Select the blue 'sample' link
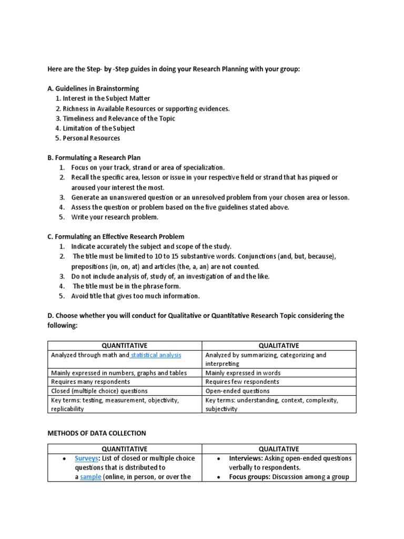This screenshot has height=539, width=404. [90, 477]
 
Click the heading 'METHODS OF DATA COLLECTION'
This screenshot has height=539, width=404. [97, 433]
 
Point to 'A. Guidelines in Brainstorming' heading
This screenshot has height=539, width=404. [93, 88]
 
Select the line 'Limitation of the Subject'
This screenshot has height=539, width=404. [98, 128]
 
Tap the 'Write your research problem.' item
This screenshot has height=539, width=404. [115, 217]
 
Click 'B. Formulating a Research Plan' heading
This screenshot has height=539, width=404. [94, 157]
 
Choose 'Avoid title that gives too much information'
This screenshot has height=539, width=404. [135, 296]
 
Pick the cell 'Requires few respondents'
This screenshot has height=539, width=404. [243, 382]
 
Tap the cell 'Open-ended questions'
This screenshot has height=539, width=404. [237, 391]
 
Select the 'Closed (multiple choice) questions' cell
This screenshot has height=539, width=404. [99, 391]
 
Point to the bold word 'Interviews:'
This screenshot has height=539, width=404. [247, 458]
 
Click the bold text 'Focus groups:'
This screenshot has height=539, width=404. [250, 477]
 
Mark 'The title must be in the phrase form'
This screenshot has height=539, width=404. [126, 286]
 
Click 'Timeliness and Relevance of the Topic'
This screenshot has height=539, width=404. [119, 118]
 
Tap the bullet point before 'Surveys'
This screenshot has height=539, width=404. [64, 458]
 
